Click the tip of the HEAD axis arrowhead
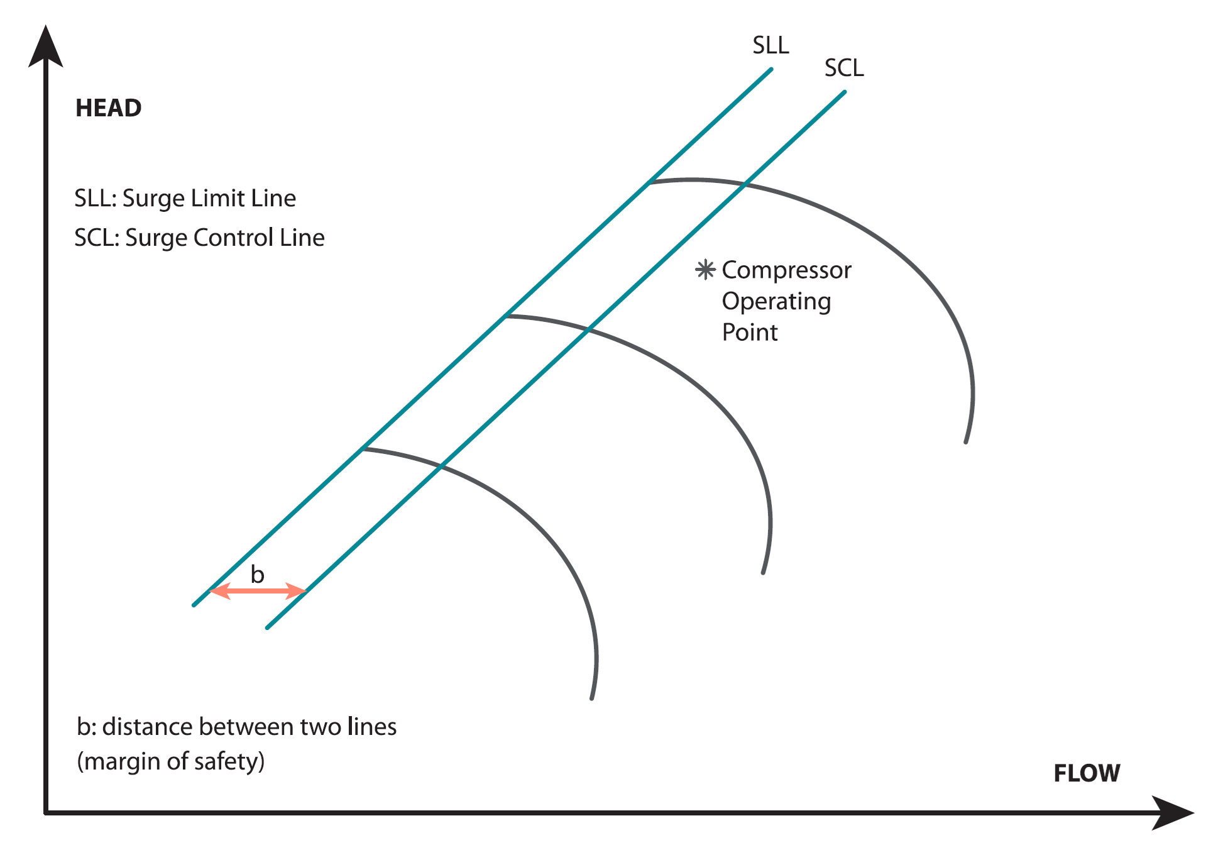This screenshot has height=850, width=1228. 45,26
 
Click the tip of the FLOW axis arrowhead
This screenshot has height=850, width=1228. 1193,813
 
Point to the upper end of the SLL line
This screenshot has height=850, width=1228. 771,69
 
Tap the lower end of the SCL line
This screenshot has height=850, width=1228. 268,627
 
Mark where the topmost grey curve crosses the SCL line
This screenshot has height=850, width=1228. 744,184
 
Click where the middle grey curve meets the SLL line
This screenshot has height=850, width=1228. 506,316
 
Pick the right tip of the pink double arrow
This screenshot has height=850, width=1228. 306,591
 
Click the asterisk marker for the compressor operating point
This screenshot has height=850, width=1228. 705,270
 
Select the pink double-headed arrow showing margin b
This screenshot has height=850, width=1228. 258,591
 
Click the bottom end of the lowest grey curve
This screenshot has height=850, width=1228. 591,698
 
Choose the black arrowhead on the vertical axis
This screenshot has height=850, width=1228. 46,47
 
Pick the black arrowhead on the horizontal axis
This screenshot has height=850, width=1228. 1173,813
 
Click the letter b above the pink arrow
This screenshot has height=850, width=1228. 258,573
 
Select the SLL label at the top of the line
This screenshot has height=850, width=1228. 770,45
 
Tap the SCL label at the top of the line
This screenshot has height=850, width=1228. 844,68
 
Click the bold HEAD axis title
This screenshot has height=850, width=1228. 109,108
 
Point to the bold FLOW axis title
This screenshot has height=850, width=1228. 1087,773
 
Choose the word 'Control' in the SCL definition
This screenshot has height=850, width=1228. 234,238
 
